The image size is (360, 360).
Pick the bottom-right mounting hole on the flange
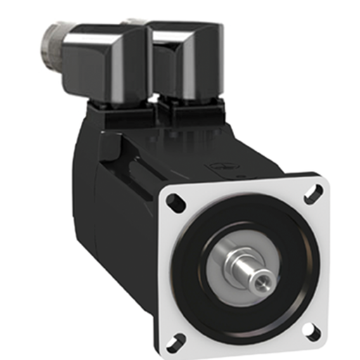[311, 328]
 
